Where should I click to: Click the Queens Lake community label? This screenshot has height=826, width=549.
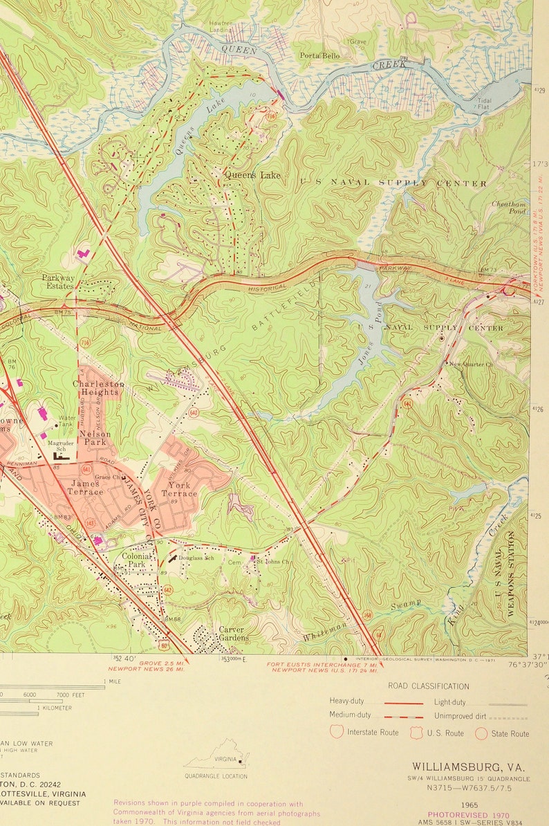[x=252, y=175]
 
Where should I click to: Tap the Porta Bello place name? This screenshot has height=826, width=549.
[x=319, y=55]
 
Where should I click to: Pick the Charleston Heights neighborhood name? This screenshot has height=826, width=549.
[x=99, y=388]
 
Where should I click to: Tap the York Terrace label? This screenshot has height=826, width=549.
[x=179, y=490]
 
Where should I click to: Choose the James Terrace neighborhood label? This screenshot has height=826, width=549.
[x=85, y=488]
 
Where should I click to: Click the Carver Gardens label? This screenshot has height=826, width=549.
[x=232, y=634]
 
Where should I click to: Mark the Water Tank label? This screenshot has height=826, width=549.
[x=67, y=421]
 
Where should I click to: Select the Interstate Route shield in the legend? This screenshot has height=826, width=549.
[x=337, y=732]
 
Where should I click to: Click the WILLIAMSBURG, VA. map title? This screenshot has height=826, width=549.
[x=468, y=767]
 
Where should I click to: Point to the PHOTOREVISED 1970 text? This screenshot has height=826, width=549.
[x=469, y=816]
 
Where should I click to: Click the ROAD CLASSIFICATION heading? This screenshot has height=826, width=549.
[x=429, y=686]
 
